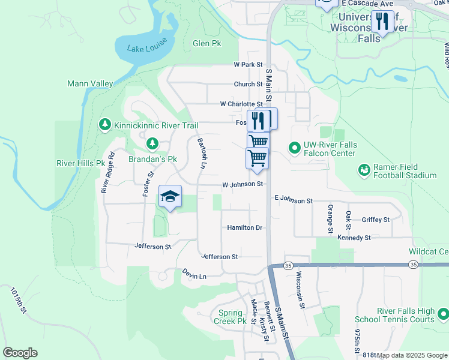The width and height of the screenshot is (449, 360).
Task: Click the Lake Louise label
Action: point(145,49)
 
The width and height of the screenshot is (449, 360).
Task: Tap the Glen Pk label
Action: point(207,44)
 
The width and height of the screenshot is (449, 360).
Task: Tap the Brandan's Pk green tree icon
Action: point(152,143)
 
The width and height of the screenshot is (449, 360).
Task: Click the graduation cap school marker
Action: point(170,196)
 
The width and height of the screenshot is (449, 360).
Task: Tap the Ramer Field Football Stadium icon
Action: point(364,170)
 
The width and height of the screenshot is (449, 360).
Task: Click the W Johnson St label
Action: point(243,185)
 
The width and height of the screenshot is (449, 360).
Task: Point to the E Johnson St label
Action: point(294,199)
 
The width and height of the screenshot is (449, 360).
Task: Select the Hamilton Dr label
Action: point(245,227)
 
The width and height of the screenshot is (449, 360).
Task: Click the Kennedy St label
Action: point(354,238)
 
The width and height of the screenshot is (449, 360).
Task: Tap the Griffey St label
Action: point(376,220)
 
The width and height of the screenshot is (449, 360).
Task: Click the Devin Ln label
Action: point(194,274)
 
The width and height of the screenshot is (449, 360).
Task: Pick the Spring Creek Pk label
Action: point(230,317)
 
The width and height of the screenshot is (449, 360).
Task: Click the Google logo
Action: point(20,353)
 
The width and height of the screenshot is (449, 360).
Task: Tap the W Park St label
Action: point(249,64)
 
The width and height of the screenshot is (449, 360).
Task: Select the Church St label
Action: point(249,85)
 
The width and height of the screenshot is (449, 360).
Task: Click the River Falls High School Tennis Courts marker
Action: point(443,314)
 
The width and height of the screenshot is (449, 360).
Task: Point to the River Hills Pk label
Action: point(76,163)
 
